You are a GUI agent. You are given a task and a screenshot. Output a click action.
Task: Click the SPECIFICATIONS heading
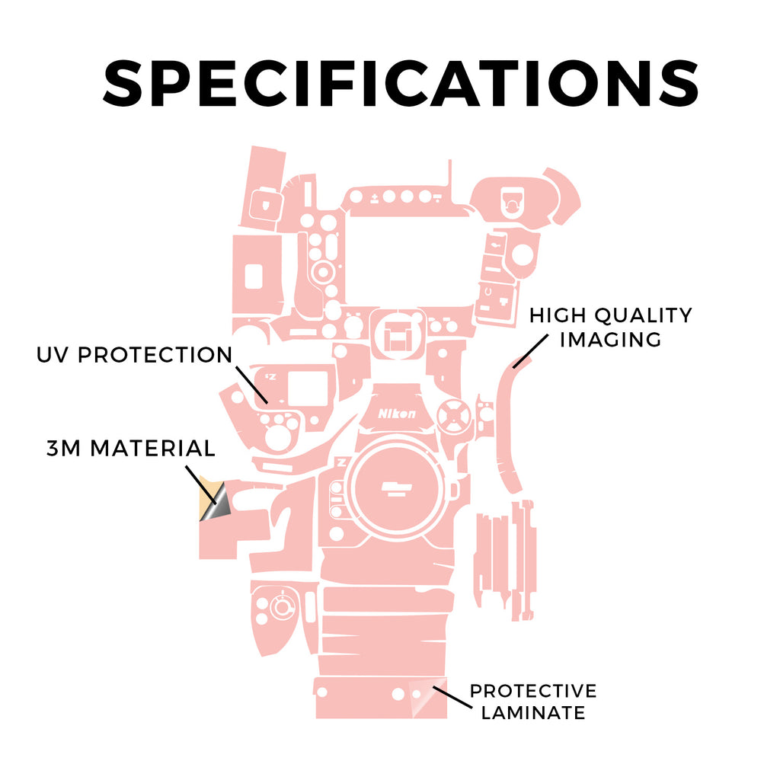[x=401, y=83]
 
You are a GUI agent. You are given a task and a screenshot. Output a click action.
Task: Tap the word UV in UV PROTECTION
[x=53, y=355]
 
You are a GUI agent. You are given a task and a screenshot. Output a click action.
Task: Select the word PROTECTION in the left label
[x=155, y=355]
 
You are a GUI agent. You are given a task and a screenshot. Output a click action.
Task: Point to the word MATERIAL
[x=152, y=448]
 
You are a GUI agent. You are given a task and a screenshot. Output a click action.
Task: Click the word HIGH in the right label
[x=558, y=315]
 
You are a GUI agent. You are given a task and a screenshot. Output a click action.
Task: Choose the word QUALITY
[x=644, y=315]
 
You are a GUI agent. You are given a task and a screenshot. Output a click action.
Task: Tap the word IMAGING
[x=610, y=340]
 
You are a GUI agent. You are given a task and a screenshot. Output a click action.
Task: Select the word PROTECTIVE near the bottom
[x=532, y=691]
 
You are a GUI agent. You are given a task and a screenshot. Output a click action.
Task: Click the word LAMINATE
[x=532, y=713]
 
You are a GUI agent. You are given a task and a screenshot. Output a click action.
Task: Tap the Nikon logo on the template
[x=396, y=414]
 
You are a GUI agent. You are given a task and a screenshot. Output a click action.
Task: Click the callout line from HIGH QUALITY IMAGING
[x=531, y=351]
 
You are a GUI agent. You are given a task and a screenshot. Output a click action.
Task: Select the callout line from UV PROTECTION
[x=251, y=385]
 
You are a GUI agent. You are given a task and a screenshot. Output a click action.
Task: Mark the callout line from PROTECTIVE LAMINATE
[x=452, y=697]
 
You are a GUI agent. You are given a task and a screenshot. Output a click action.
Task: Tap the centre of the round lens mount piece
[x=396, y=488]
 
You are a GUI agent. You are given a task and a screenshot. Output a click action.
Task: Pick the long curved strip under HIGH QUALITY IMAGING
[x=510, y=428]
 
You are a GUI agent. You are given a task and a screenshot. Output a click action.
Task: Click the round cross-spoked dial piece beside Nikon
[x=454, y=416]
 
